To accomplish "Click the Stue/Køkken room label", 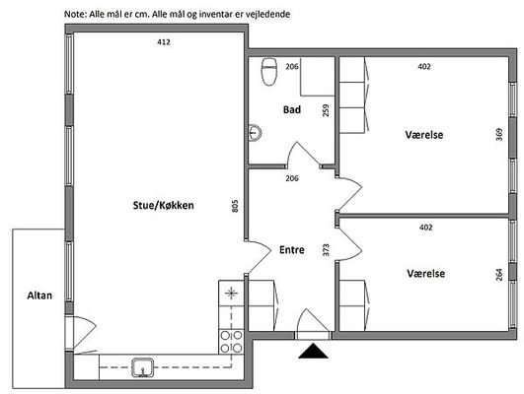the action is click(x=164, y=205).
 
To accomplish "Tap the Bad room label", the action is click(x=292, y=109).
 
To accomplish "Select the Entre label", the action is click(x=292, y=249).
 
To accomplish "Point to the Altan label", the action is click(x=39, y=295).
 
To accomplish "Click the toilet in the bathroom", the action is click(x=269, y=72).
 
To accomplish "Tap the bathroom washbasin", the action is click(x=255, y=133).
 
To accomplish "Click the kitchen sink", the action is click(x=143, y=367).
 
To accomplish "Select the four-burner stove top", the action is click(x=231, y=342).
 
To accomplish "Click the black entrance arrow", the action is click(x=313, y=351).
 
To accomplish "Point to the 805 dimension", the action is click(x=235, y=206).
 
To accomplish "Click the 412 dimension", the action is click(x=164, y=42).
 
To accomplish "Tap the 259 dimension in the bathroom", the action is click(x=326, y=110).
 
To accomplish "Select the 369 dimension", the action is click(x=499, y=134).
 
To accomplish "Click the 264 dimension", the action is click(x=499, y=275).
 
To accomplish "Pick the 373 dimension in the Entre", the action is click(x=326, y=250).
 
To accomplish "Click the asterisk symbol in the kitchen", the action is click(x=231, y=294).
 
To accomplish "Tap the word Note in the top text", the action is click(x=75, y=15).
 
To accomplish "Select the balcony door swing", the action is click(x=85, y=332).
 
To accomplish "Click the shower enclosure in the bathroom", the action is click(x=318, y=77).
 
